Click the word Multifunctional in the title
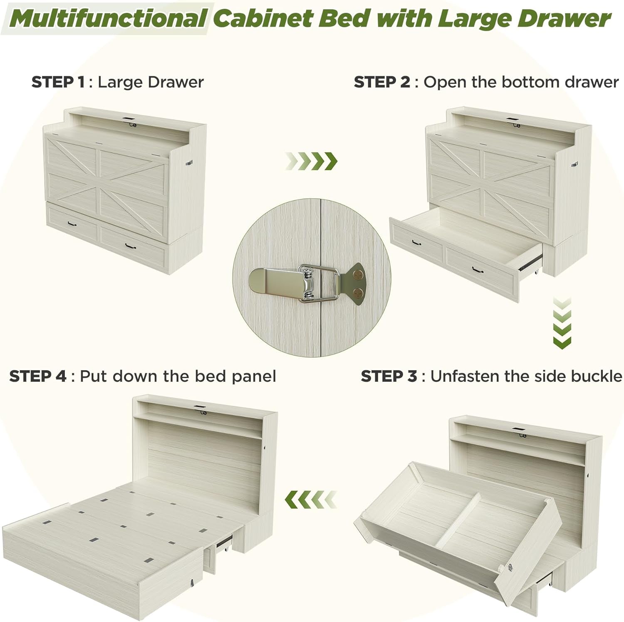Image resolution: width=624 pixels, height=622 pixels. pos(109,18)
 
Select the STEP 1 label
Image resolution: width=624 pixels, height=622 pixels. pos(58,82)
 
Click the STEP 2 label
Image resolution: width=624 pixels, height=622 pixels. pos(382,82)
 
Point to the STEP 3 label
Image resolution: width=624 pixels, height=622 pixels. pos(389,376)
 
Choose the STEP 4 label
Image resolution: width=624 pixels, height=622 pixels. pos(37,376)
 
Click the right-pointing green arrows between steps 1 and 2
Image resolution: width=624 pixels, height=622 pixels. pos(311,161)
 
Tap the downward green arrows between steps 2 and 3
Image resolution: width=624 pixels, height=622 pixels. pos(562,323)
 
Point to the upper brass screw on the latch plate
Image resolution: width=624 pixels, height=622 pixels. pos(357,275)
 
